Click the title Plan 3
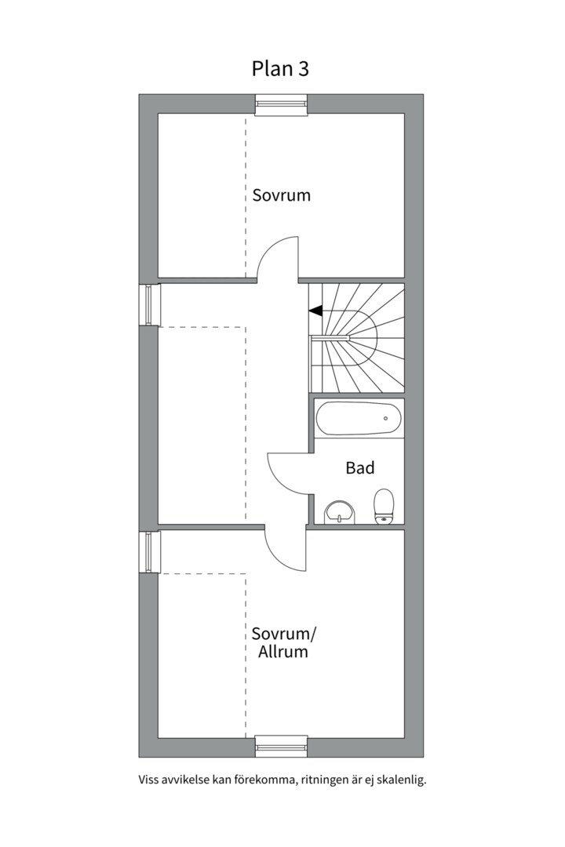(x=280, y=69)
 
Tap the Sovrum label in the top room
(x=281, y=195)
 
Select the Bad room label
(x=360, y=468)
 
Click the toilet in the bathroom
(x=384, y=506)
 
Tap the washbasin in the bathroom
(x=340, y=512)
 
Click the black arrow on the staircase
(x=315, y=311)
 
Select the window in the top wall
(x=281, y=104)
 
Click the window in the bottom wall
(x=281, y=747)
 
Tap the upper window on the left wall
(x=149, y=304)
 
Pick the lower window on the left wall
(x=149, y=552)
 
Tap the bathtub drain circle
(x=385, y=419)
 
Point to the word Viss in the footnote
(x=148, y=780)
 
